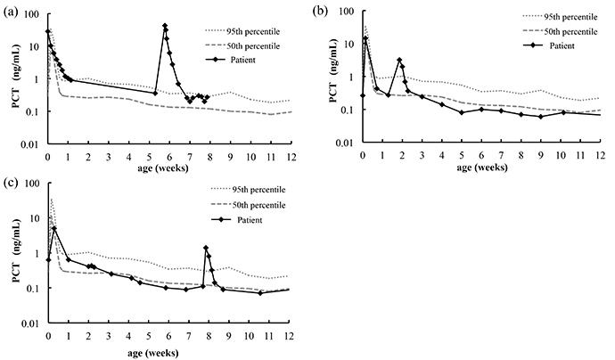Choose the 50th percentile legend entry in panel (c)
(258, 206)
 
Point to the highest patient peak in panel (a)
(165, 26)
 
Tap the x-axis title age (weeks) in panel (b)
(482, 167)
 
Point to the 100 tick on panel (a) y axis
(33, 15)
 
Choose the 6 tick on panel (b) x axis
(481, 152)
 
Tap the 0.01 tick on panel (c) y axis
(33, 324)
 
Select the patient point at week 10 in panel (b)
(563, 112)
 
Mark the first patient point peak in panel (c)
(53, 229)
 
